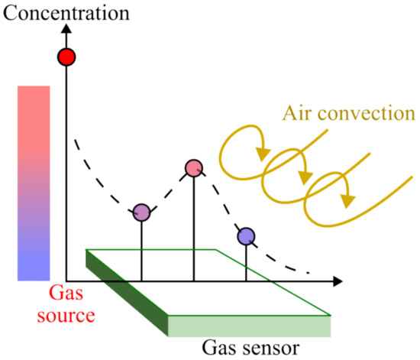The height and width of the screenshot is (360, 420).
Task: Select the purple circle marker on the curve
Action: (141, 213)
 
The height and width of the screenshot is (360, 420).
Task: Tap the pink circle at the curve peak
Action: (194, 168)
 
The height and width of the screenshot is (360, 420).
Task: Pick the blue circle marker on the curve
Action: (246, 237)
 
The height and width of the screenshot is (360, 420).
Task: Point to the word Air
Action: (299, 114)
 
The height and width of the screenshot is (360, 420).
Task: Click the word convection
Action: (367, 115)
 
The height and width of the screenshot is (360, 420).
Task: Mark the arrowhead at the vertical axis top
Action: (66, 29)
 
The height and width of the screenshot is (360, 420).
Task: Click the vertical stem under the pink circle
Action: (194, 229)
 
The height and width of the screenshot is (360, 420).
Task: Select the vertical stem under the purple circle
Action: (141, 252)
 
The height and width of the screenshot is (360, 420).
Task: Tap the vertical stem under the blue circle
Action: (246, 264)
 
